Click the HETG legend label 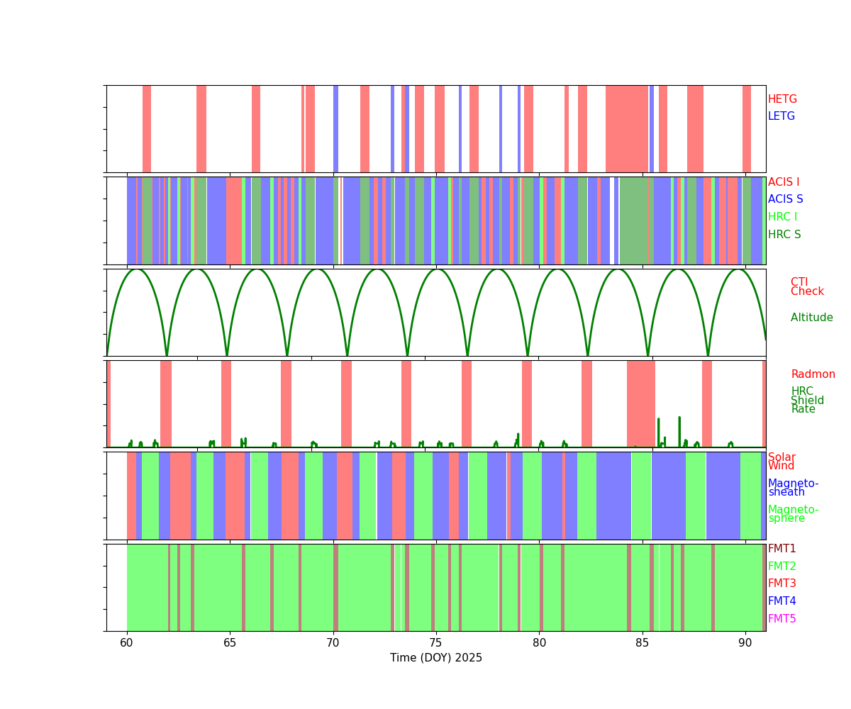[782, 99]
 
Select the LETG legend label [782, 116]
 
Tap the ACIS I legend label [784, 182]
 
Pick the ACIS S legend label [786, 199]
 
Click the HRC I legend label [782, 217]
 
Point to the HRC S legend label [784, 235]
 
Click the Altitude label [812, 318]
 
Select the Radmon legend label [813, 374]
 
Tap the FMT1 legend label [782, 549]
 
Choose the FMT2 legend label [782, 566]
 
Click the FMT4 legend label [782, 601]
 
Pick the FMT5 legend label [782, 619]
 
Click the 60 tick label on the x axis [127, 643]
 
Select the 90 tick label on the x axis [745, 643]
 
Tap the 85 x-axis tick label [643, 643]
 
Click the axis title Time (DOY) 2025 [436, 658]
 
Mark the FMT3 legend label [782, 584]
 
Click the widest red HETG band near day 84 [627, 129]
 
